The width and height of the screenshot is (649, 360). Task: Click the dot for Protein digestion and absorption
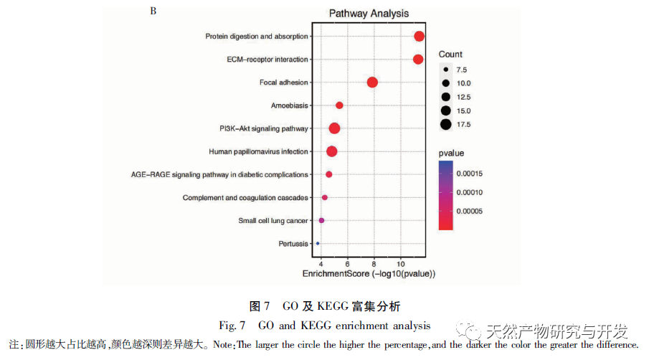pyautogui.click(x=419, y=37)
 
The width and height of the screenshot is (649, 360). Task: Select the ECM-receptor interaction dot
pyautogui.click(x=418, y=59)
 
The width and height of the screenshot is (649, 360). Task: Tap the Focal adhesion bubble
pyautogui.click(x=372, y=82)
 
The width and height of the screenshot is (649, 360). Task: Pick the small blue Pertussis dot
pyautogui.click(x=318, y=244)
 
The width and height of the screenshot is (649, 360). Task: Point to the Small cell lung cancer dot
pyautogui.click(x=321, y=220)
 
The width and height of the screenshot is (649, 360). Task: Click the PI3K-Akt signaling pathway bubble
pyautogui.click(x=334, y=128)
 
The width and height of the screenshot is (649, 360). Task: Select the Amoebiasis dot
pyautogui.click(x=339, y=105)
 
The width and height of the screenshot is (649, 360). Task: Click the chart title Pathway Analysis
pyautogui.click(x=369, y=14)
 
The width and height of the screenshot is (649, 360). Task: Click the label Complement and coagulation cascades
pyautogui.click(x=245, y=197)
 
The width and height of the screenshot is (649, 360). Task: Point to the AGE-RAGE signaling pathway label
pyautogui.click(x=219, y=174)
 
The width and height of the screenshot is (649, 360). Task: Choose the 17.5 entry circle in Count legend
pyautogui.click(x=446, y=124)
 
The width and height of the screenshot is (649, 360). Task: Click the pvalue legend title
pyautogui.click(x=452, y=153)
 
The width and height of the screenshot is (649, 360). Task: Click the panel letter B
pyautogui.click(x=153, y=11)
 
